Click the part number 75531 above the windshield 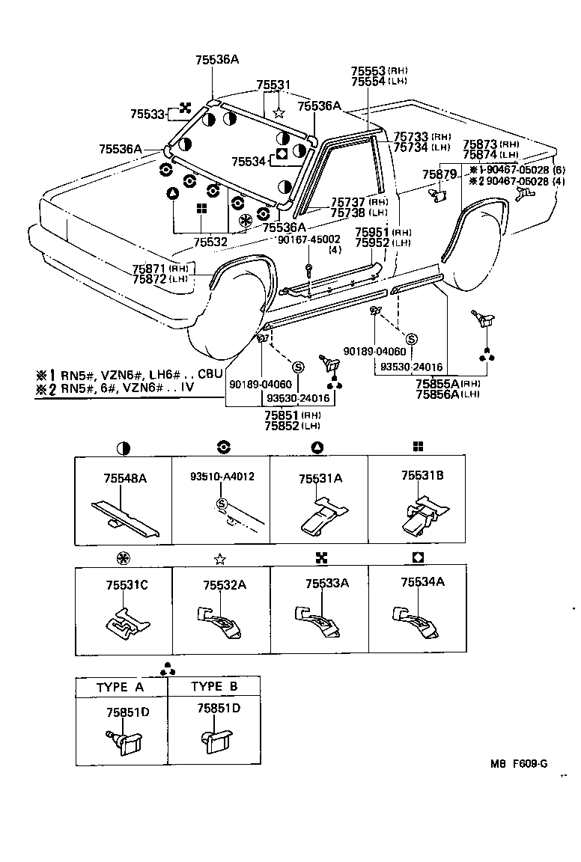pyautogui.click(x=273, y=86)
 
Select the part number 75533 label pyautogui.click(x=147, y=114)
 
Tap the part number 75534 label pyautogui.click(x=249, y=162)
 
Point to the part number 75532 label pyautogui.click(x=210, y=242)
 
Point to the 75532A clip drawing pyautogui.click(x=221, y=620)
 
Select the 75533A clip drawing pyautogui.click(x=318, y=620)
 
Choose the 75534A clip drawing pyautogui.click(x=416, y=620)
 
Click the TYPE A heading pyautogui.click(x=120, y=687)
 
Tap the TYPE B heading pyautogui.click(x=214, y=687)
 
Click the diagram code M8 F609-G pyautogui.click(x=519, y=764)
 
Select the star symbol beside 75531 pyautogui.click(x=279, y=113)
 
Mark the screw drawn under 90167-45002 pyautogui.click(x=308, y=269)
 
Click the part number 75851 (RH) pyautogui.click(x=282, y=414)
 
